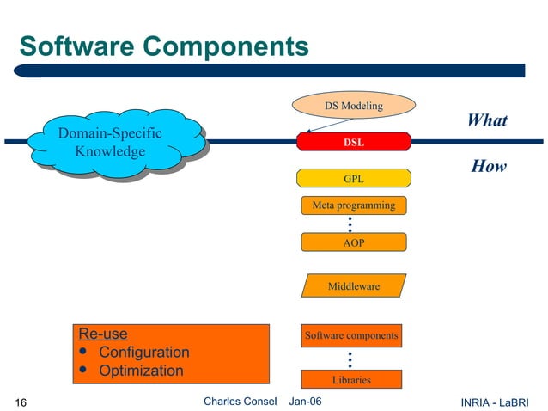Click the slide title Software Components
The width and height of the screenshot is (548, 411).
pyautogui.click(x=163, y=46)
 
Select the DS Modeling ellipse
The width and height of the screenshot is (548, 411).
pyautogui.click(x=353, y=106)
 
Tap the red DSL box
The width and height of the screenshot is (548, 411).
pyautogui.click(x=353, y=142)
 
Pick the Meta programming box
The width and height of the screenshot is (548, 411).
pyautogui.click(x=353, y=205)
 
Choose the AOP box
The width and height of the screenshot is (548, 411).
pyautogui.click(x=353, y=243)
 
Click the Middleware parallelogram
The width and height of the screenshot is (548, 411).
pyautogui.click(x=353, y=285)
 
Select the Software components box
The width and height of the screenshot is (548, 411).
pyautogui.click(x=351, y=335)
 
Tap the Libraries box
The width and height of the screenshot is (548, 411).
pyautogui.click(x=351, y=379)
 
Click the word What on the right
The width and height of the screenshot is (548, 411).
pyautogui.click(x=487, y=120)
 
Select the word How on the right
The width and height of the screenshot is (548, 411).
pyautogui.click(x=489, y=166)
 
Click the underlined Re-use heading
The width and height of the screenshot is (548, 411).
pyautogui.click(x=102, y=334)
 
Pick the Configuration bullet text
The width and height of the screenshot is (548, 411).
pyautogui.click(x=143, y=353)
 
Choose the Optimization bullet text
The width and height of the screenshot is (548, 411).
pyautogui.click(x=141, y=371)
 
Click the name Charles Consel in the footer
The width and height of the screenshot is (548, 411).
pyautogui.click(x=241, y=402)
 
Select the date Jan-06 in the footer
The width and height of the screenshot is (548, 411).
pyautogui.click(x=306, y=402)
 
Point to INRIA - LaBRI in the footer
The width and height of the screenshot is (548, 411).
pyautogui.click(x=495, y=402)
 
